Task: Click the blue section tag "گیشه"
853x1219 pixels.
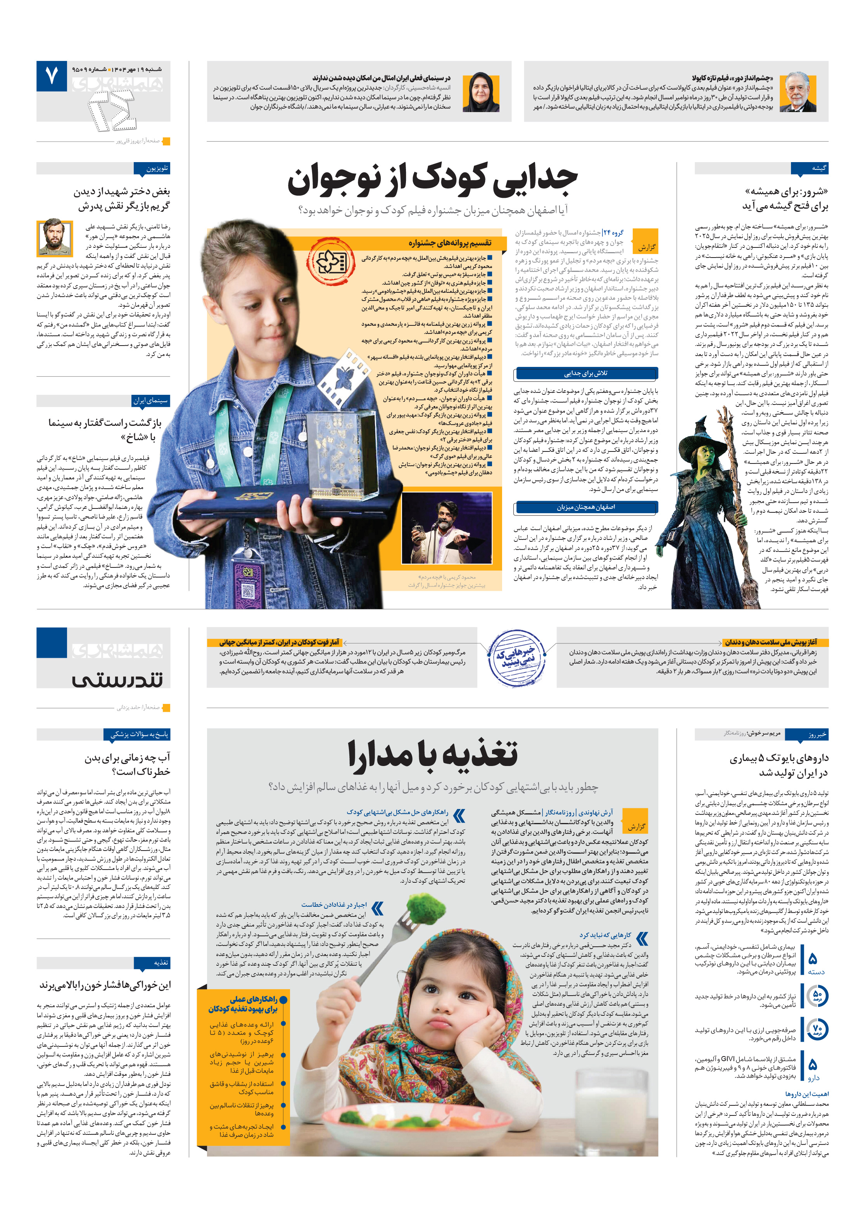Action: (x=809, y=168)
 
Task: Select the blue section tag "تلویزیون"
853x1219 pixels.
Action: (x=152, y=168)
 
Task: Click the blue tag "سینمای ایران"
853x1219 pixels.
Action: (x=151, y=400)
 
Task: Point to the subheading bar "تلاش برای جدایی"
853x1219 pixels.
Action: (x=586, y=373)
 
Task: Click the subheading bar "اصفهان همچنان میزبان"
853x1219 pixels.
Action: (x=586, y=507)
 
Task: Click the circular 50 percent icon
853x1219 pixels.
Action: (x=817, y=996)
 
